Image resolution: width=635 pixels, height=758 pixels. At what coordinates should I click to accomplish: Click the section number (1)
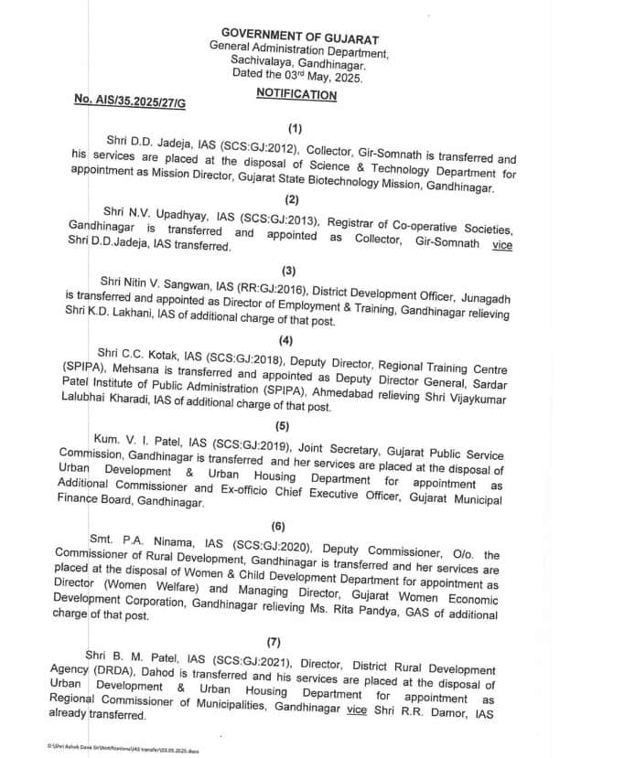[x=294, y=131]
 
